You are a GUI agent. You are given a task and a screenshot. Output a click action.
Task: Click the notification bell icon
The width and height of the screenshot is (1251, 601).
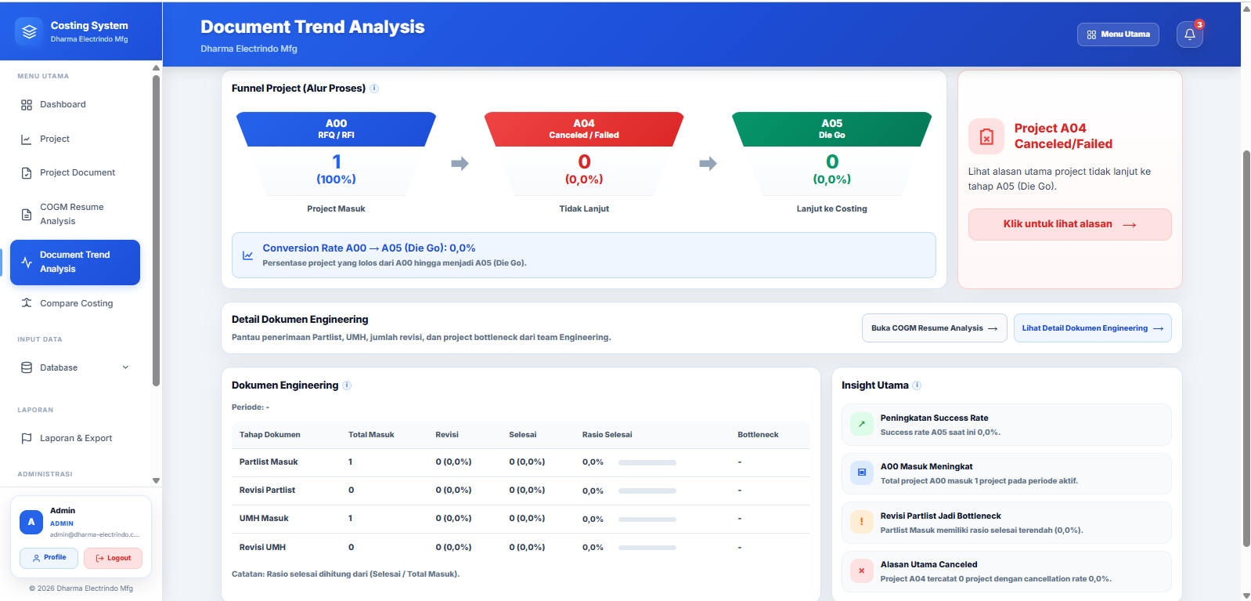(x=1190, y=34)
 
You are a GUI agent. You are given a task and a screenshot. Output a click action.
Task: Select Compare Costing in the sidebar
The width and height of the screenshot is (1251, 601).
(x=75, y=303)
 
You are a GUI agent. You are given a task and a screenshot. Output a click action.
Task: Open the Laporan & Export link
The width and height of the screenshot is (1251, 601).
(x=75, y=438)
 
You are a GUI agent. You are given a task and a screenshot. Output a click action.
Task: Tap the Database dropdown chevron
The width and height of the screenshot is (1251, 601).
(x=126, y=367)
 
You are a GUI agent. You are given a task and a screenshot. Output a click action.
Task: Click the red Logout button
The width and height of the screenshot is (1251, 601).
(x=113, y=558)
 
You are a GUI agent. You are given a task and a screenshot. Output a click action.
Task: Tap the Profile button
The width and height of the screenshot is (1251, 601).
(x=49, y=558)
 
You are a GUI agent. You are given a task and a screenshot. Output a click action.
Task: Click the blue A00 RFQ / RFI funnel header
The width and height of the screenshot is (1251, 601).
(x=336, y=129)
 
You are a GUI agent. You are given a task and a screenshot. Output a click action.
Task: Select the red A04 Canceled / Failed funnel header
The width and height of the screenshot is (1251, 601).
(x=583, y=129)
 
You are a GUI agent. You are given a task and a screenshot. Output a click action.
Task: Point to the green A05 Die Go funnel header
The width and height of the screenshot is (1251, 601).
(x=831, y=129)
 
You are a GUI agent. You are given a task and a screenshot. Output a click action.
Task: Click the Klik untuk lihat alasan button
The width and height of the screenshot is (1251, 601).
(x=1069, y=224)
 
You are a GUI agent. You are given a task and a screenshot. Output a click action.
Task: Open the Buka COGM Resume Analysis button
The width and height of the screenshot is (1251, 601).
(x=935, y=328)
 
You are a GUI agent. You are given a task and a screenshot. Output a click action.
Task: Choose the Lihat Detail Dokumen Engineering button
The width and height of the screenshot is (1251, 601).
(x=1092, y=328)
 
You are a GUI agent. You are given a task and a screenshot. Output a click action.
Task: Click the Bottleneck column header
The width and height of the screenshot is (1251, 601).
(x=758, y=434)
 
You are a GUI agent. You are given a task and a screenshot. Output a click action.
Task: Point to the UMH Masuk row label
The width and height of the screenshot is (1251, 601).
(x=264, y=518)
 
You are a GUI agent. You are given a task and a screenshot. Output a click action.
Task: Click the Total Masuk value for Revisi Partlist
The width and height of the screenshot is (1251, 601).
(x=351, y=490)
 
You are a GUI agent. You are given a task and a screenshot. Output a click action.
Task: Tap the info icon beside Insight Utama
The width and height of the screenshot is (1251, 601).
(x=917, y=386)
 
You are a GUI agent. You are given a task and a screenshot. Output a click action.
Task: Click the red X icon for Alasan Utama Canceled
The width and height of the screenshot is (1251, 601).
(x=861, y=570)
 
